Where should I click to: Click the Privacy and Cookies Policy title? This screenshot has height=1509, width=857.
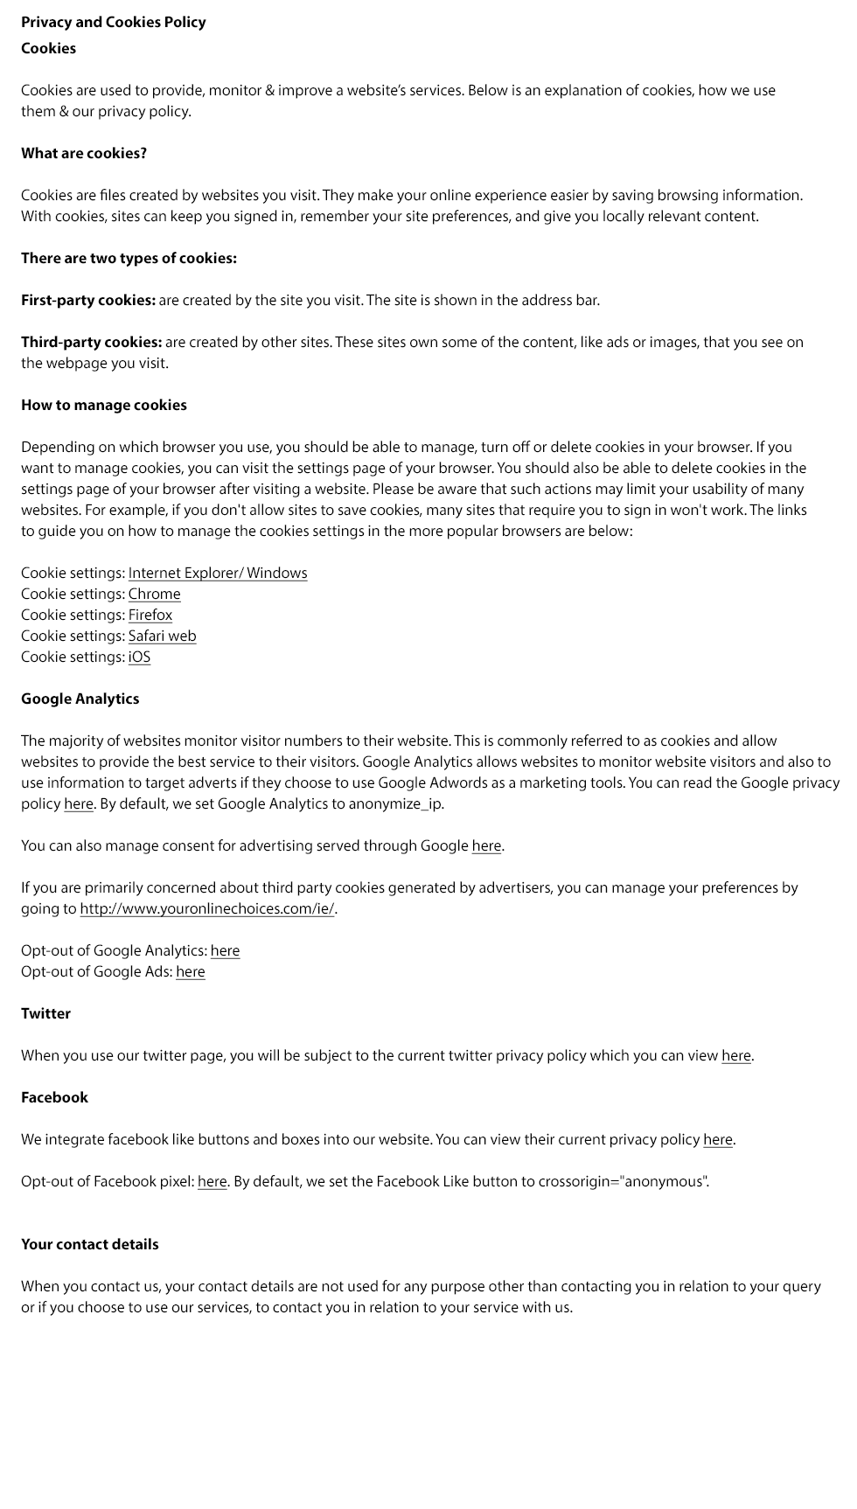114,22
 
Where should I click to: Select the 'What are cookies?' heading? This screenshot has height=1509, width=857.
84,153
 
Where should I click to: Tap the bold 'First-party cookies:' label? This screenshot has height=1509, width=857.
88,300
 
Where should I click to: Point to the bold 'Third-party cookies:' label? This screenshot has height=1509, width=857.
92,342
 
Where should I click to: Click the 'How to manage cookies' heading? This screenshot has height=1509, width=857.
104,405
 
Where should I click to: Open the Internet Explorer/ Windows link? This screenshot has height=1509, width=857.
218,573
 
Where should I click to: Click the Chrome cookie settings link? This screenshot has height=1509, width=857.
155,594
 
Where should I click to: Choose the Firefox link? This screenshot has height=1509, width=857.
150,615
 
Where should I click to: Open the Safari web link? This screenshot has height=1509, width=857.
163,636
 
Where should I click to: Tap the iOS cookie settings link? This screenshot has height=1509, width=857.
140,657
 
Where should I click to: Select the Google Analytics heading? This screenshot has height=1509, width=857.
80,699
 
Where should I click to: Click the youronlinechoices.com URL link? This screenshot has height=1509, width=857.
207,908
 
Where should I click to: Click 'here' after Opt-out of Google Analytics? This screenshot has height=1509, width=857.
225,950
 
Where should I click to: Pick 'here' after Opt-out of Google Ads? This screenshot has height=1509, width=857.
191,971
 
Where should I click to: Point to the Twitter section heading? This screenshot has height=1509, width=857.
46,1013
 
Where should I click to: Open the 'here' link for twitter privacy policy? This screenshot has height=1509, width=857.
736,1055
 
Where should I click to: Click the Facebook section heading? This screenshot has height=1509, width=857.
55,1097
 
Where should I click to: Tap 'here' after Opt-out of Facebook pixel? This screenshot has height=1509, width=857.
213,1181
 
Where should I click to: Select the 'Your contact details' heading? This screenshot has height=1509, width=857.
90,1244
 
